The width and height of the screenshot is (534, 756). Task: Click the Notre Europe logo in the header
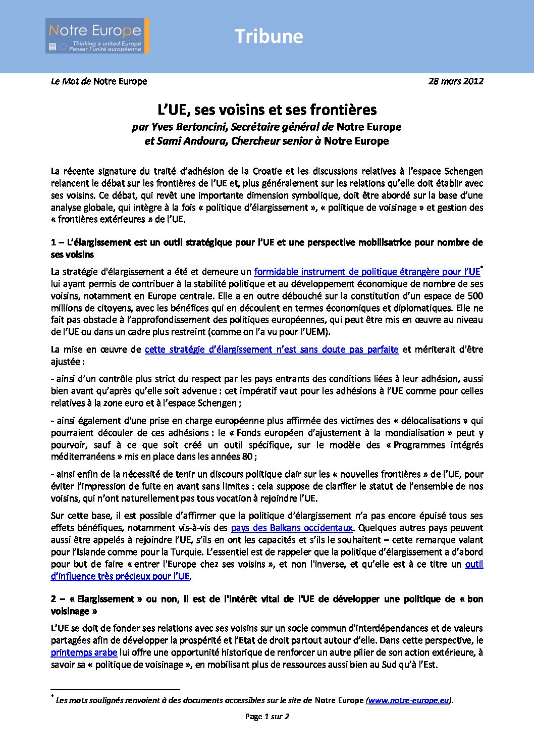click(x=97, y=36)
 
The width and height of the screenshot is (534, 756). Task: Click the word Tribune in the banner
click(x=269, y=36)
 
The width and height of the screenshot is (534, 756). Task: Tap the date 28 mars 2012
click(x=455, y=81)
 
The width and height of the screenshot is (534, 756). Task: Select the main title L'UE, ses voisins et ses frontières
click(x=267, y=110)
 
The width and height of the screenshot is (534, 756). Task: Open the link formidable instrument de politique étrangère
click(x=367, y=272)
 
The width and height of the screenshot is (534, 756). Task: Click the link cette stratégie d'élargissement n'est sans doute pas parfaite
click(x=272, y=349)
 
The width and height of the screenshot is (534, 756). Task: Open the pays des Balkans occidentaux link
click(x=291, y=528)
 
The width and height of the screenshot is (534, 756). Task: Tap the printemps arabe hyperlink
click(x=84, y=652)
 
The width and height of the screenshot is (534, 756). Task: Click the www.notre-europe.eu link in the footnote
click(x=408, y=700)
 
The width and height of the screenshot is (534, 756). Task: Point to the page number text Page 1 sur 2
click(x=267, y=716)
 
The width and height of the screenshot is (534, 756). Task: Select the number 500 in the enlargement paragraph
click(x=475, y=296)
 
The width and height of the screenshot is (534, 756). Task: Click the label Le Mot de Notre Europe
click(x=99, y=81)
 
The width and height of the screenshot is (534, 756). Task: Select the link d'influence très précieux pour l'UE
click(x=120, y=576)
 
